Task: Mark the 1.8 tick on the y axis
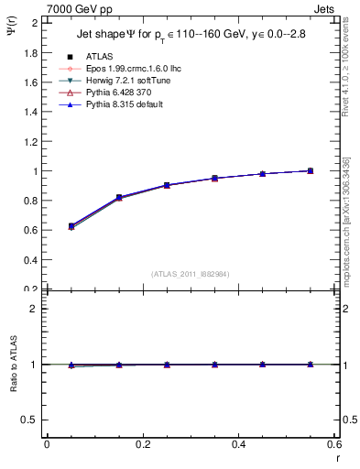pos(33,52)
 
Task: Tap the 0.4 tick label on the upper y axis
pos(33,260)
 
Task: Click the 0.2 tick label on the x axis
pos(142,445)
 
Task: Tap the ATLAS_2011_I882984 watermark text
pos(190,274)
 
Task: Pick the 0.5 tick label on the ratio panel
pos(31,420)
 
